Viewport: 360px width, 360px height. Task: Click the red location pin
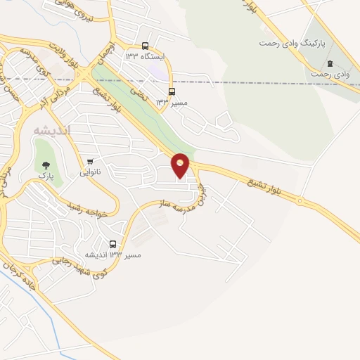[181, 165]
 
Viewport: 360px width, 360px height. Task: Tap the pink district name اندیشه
[52, 130]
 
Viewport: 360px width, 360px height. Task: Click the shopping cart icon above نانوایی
[89, 162]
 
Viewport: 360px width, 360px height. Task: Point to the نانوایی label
[89, 172]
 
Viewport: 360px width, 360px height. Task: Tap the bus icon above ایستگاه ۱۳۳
[145, 44]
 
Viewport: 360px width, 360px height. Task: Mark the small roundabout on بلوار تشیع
[300, 202]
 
